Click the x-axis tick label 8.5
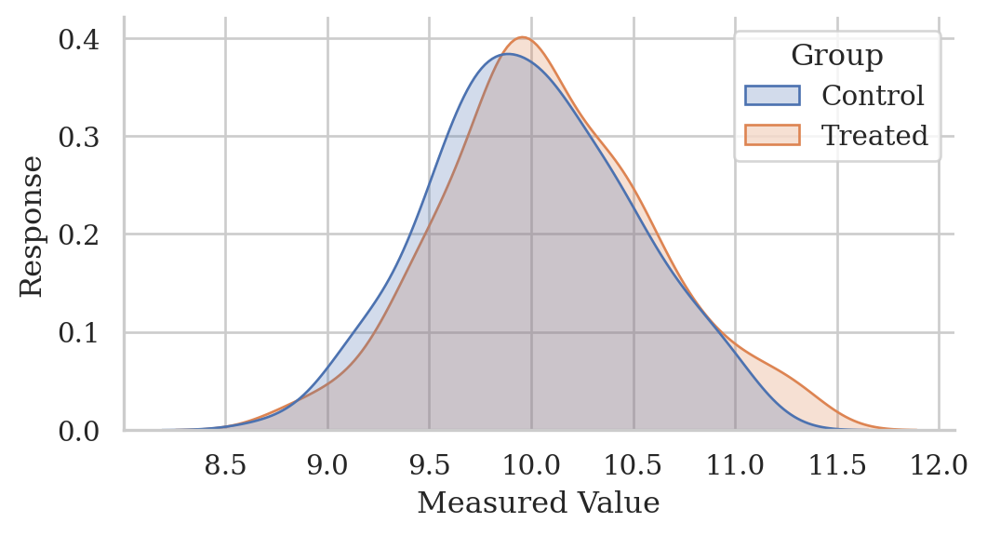[x=225, y=464]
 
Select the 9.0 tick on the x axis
[x=327, y=464]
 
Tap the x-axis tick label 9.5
[x=429, y=464]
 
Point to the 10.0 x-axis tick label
[x=530, y=464]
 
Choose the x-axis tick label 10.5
[x=633, y=464]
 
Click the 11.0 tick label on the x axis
[x=734, y=464]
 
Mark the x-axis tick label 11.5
[x=836, y=464]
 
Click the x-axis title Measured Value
[x=538, y=503]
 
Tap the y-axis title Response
[x=32, y=226]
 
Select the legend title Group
[x=836, y=56]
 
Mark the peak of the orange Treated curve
[x=523, y=37]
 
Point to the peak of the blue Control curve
[x=505, y=54]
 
